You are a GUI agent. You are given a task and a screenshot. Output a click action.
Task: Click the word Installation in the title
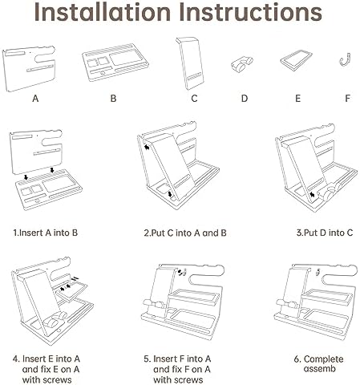tap(103, 12)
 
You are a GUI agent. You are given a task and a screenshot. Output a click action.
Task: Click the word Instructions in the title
tap(250, 12)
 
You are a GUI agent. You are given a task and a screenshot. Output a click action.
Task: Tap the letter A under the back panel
tap(35, 99)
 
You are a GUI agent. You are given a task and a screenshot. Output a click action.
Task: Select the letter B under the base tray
tap(113, 99)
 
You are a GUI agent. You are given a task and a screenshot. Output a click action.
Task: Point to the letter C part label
tap(194, 99)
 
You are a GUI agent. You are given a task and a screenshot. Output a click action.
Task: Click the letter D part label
tap(245, 99)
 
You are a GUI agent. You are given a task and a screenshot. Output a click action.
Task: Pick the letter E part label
tap(297, 99)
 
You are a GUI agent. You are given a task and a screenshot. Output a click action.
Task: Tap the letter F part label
tap(347, 99)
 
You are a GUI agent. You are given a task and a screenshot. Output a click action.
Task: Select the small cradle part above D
tap(241, 64)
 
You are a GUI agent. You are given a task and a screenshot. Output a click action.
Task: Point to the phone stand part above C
tap(190, 63)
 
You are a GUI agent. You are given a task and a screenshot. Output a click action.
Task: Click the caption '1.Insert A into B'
tap(46, 233)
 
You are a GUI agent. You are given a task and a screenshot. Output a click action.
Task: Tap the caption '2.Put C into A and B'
tap(185, 233)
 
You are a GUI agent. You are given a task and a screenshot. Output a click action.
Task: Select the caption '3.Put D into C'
tap(325, 233)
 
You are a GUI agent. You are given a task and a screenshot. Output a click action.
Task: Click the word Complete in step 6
tap(323, 359)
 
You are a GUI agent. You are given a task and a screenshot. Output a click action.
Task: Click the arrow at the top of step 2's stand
tap(147, 147)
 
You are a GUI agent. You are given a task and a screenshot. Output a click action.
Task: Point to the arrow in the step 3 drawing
tap(312, 194)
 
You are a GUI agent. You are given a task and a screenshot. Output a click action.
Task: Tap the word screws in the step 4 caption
tap(57, 380)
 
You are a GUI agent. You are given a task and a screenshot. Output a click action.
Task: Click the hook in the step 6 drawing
tap(318, 272)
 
